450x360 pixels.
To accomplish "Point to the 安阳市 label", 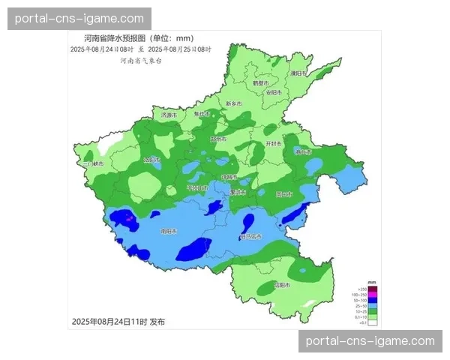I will (273, 92).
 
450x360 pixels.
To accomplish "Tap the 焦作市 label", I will (202, 114).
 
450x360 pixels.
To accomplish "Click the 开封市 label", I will (274, 143).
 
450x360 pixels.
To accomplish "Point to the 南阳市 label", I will (169, 232).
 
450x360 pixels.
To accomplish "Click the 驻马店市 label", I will (250, 237).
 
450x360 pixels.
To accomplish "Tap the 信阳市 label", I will (280, 285).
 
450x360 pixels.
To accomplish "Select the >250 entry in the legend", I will (361, 289).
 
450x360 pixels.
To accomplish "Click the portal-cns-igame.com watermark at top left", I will (79, 18).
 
